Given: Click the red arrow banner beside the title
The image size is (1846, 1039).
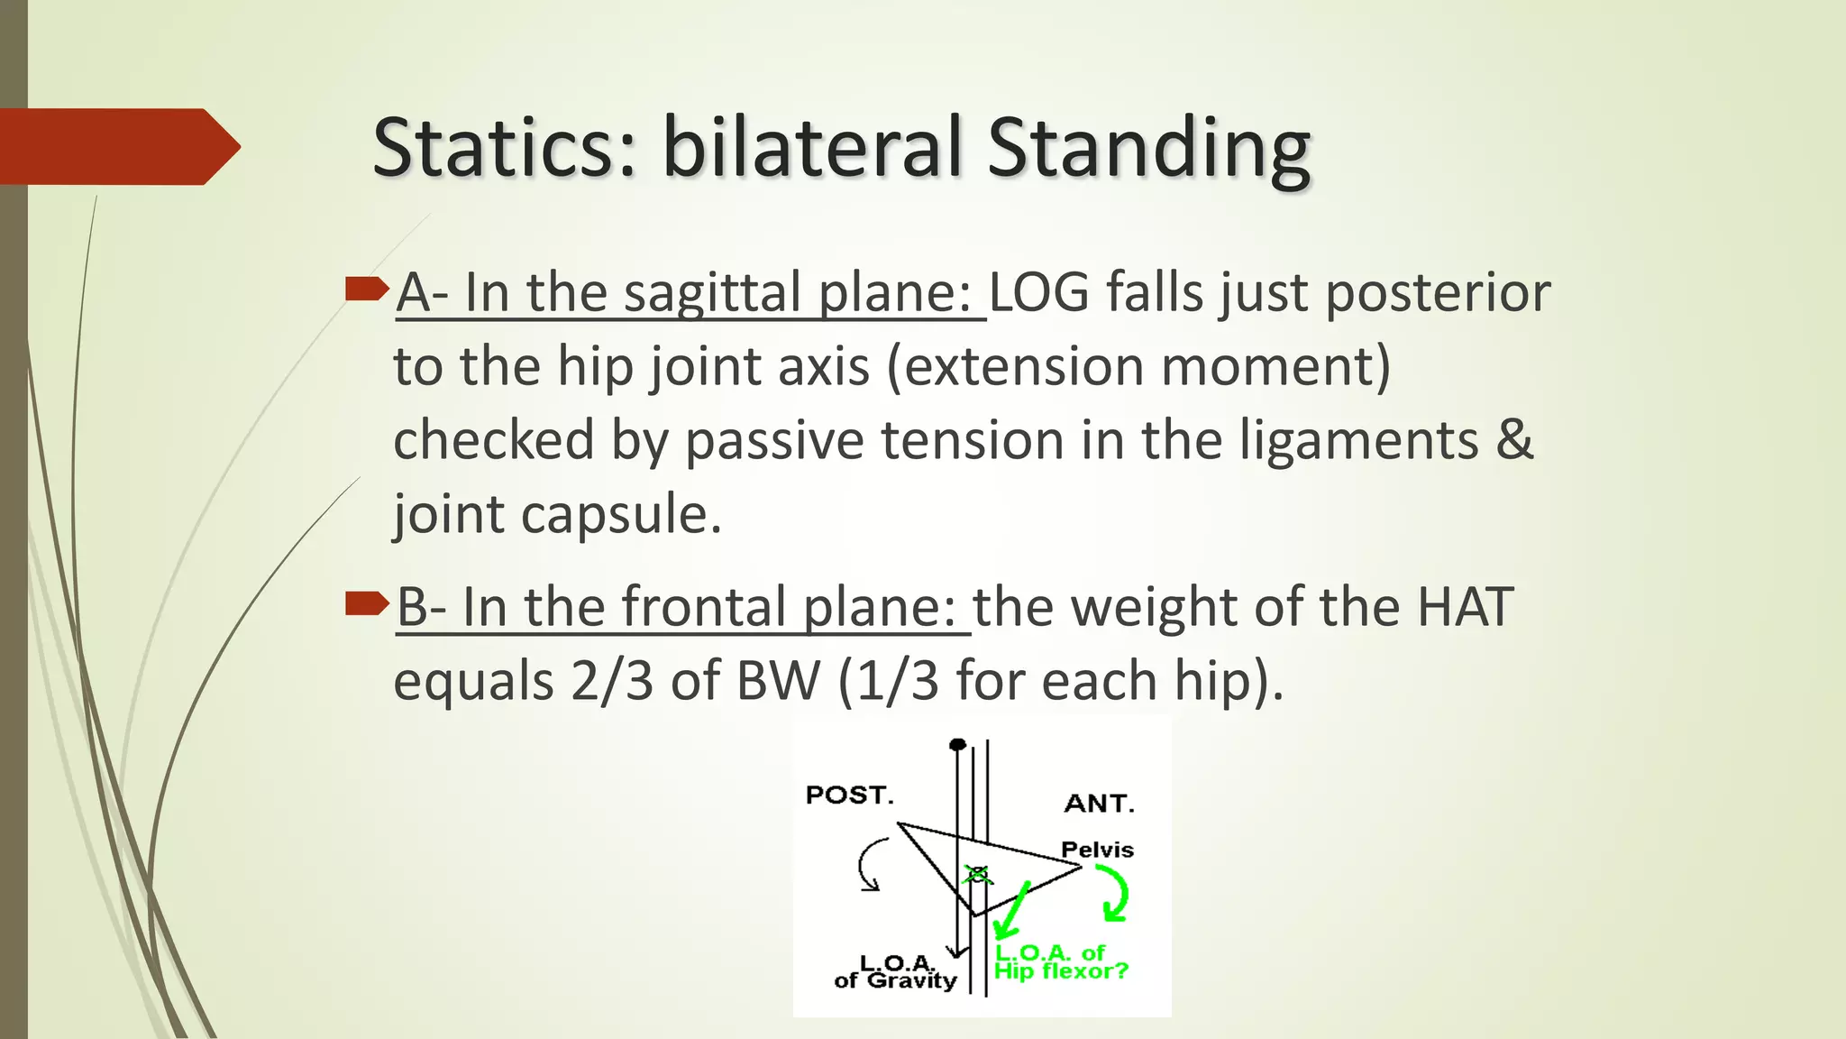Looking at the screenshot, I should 117,146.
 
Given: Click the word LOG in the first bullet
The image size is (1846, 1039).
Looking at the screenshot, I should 1038,292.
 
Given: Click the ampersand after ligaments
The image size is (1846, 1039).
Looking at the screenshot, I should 1514,440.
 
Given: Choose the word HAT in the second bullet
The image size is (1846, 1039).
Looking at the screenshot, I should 1464,606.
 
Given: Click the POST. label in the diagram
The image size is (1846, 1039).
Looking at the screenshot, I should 849,795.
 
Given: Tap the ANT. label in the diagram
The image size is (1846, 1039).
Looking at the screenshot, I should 1099,803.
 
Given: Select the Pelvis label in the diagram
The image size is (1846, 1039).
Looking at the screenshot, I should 1097,849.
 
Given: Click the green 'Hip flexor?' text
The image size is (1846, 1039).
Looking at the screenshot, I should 1061,971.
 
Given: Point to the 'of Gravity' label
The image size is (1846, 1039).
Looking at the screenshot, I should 895,980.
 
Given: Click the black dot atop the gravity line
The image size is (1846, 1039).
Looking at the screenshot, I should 958,744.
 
